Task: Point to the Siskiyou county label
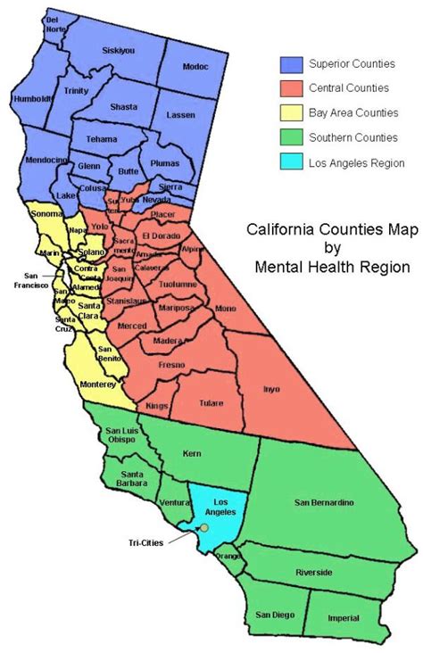(119, 50)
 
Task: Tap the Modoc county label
(193, 66)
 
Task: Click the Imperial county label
(344, 618)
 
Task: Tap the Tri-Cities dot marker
(204, 529)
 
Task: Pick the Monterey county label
(98, 384)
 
